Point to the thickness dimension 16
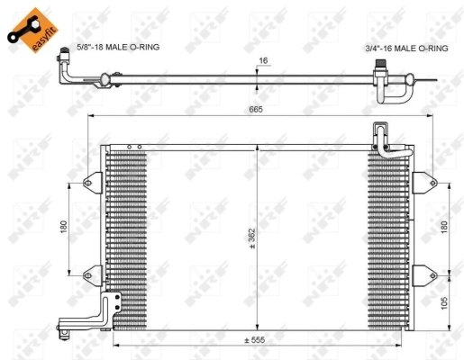point(264,62)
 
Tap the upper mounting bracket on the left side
point(92,183)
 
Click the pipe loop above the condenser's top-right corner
point(384,140)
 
